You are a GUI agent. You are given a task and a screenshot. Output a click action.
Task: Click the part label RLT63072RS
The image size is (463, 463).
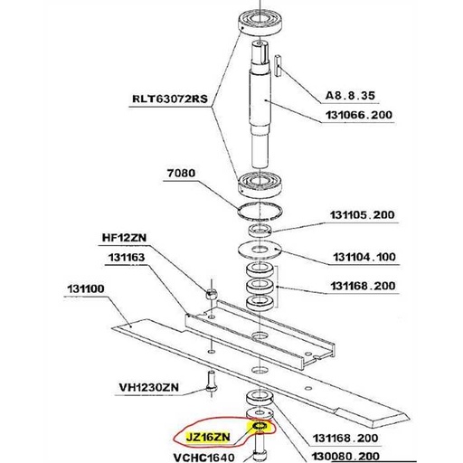[x=170, y=99]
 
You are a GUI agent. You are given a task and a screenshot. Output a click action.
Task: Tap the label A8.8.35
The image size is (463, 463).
[x=350, y=96]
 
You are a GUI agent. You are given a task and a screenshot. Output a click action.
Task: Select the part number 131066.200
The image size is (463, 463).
[x=359, y=115]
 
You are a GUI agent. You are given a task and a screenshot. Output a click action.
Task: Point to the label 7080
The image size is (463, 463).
[x=181, y=173]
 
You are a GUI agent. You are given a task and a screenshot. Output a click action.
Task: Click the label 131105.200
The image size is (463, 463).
[x=362, y=215]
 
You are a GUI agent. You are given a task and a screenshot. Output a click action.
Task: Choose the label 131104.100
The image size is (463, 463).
[x=364, y=257]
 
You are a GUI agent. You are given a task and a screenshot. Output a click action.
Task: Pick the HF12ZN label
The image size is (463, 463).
[x=124, y=238]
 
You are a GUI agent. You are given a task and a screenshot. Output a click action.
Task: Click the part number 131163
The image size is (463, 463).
[x=127, y=257]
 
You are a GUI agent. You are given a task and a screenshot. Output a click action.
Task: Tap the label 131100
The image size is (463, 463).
[x=86, y=288]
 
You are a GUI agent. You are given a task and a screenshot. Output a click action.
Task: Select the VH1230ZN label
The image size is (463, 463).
[x=149, y=387]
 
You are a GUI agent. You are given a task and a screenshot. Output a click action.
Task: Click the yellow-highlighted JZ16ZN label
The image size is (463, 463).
[x=208, y=437]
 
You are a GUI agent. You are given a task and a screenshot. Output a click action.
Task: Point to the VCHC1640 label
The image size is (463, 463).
[x=204, y=458]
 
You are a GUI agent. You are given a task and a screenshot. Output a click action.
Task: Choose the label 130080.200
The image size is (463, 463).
[x=345, y=457]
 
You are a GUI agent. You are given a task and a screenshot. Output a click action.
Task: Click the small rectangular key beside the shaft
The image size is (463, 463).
[x=278, y=65]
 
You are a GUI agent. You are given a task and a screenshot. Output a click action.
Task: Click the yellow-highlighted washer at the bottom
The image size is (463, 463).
[x=260, y=426]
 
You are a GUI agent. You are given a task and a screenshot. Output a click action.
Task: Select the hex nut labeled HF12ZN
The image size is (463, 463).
[x=211, y=293]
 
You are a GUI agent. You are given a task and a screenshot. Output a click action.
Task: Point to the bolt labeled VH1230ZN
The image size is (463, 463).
[x=211, y=382]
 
